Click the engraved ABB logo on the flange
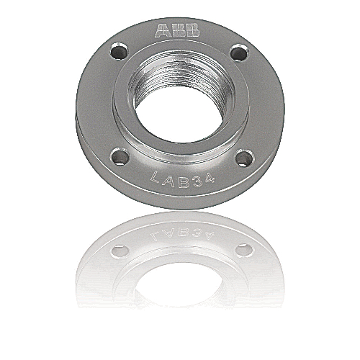click(178, 31)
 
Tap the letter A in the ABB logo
click(163, 31)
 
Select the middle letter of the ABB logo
click(178, 31)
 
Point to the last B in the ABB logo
click(192, 31)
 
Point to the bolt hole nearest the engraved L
click(120, 156)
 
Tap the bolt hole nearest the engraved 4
click(245, 157)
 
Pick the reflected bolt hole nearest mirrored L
click(120, 250)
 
